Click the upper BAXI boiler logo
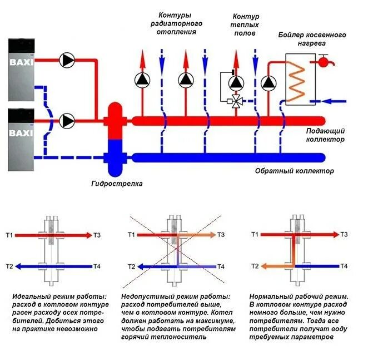click(21, 62)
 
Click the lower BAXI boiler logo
click(21, 133)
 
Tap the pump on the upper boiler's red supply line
click(67, 60)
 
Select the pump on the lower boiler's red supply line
click(67, 120)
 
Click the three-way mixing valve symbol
click(236, 101)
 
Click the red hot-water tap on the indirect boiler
click(323, 61)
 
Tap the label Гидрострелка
click(117, 184)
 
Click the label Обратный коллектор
click(295, 171)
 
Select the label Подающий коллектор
click(325, 135)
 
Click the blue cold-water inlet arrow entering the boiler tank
click(334, 101)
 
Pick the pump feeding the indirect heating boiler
click(268, 83)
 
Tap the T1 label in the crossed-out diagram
click(131, 235)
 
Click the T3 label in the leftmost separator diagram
click(97, 235)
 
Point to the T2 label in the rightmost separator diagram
click(255, 266)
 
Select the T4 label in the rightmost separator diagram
click(344, 266)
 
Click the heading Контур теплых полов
click(245, 24)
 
